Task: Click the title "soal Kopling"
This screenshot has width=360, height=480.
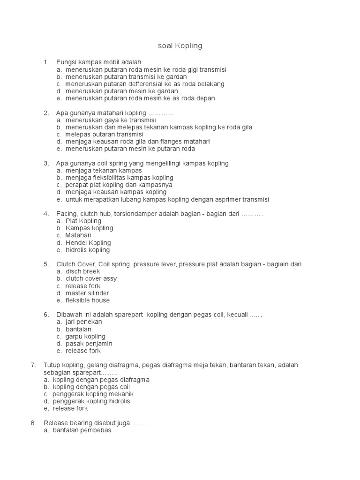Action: tap(180, 46)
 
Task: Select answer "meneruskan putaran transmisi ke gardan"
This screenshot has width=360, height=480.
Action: tap(126, 77)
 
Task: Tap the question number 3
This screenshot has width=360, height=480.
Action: tap(46, 163)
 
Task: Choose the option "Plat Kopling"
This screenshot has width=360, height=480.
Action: tap(83, 221)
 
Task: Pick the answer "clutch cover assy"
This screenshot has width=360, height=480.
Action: tap(91, 278)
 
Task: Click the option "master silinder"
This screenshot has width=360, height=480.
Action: tap(87, 293)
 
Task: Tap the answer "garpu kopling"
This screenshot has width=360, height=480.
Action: tap(85, 337)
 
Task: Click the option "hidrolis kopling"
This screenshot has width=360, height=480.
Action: tap(88, 250)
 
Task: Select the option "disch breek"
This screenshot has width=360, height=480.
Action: tap(82, 271)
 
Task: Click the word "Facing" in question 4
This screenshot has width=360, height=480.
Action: tap(66, 214)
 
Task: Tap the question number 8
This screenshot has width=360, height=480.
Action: tap(33, 423)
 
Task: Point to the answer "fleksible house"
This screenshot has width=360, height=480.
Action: tap(88, 300)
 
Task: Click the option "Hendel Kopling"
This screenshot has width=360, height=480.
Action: tap(88, 243)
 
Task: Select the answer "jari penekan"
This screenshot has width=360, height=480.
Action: tap(83, 322)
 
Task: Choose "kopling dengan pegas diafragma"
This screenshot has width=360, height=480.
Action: tap(101, 380)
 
